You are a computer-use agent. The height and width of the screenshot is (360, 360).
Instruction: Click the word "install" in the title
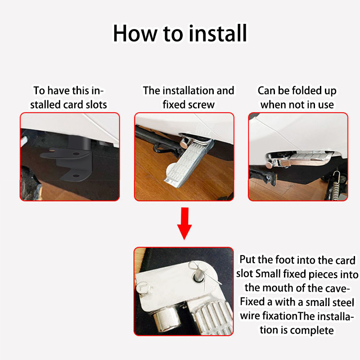coord(218,33)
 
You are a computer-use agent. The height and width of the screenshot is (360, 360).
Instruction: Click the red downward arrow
coord(184,223)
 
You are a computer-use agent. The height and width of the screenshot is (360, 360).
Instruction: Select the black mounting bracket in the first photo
coord(69,158)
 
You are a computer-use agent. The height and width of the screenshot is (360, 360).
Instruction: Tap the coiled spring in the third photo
coord(336,184)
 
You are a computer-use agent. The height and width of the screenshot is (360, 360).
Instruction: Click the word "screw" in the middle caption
coord(202,105)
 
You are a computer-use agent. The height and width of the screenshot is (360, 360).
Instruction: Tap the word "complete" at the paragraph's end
coord(313,331)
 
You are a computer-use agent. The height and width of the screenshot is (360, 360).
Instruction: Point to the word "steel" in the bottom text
coord(342,302)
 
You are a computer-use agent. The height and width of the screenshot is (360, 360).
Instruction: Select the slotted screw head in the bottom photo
coord(143,288)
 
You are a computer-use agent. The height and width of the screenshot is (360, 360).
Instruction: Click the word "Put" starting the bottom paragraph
coord(247,260)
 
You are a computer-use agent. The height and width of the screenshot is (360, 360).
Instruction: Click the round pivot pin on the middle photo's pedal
coord(185,143)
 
